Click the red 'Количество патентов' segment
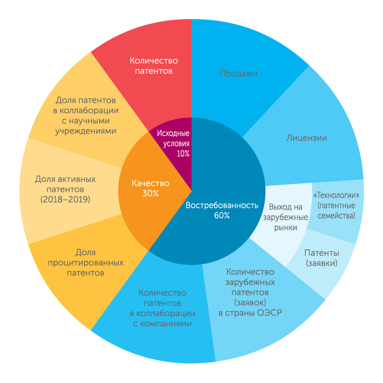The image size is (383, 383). (x=153, y=66)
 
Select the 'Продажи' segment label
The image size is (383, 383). (x=238, y=73)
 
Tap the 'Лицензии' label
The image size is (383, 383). (x=306, y=138)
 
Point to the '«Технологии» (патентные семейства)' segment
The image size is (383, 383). (x=336, y=205)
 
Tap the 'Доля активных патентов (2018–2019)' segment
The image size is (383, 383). (x=65, y=189)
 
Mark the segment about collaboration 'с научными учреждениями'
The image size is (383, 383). (x=86, y=115)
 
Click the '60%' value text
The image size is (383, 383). (x=221, y=215)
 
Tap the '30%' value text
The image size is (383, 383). (x=150, y=193)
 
